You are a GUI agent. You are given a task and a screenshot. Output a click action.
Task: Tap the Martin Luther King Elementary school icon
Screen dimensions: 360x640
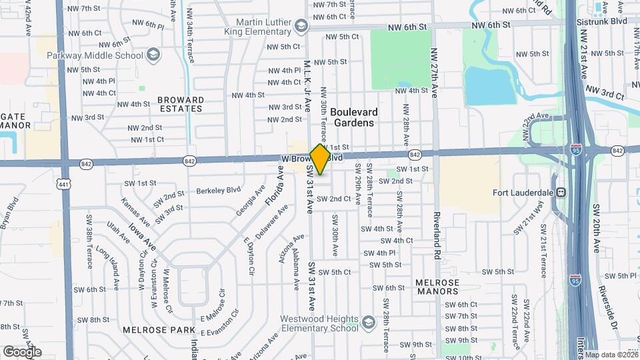302,26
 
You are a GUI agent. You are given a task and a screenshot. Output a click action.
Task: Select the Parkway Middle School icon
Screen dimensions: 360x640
153,54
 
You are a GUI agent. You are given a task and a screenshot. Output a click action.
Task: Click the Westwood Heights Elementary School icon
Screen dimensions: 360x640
368,323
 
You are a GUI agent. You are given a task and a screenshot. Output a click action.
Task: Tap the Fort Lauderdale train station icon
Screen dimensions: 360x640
562,193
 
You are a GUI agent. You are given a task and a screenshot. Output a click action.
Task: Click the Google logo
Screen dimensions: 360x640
22,351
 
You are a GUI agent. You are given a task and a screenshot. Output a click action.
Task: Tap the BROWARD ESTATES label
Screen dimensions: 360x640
180,104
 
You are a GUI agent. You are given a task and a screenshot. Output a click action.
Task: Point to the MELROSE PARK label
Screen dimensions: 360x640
148,329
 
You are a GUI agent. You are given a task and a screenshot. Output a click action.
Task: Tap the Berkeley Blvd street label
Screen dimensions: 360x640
217,191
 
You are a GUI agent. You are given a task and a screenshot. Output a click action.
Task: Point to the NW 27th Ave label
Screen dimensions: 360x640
434,73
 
